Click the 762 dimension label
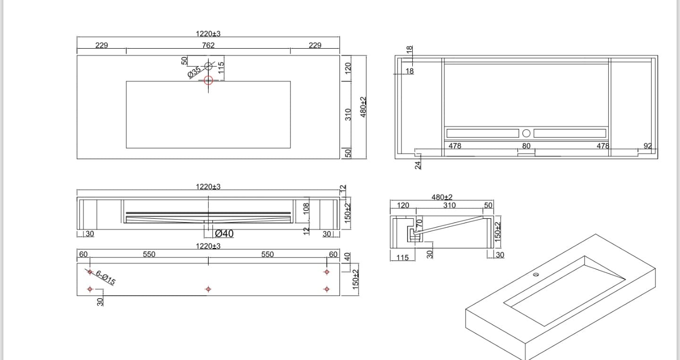pos(208,45)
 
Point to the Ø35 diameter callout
pos(194,72)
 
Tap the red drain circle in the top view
pos(208,80)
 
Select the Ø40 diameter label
pos(224,233)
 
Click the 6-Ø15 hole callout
pos(105,277)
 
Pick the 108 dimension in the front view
pos(306,209)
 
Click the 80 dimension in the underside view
pos(526,146)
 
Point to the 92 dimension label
pos(647,146)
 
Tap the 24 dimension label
pos(418,165)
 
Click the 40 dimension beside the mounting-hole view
pos(348,257)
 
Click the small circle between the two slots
pos(526,133)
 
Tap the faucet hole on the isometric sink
pos(536,274)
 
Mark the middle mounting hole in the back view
pos(208,289)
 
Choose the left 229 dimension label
pos(102,45)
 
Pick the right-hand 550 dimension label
pos(267,254)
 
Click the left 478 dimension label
pos(455,146)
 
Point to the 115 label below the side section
pos(402,258)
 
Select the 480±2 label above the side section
pos(442,197)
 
